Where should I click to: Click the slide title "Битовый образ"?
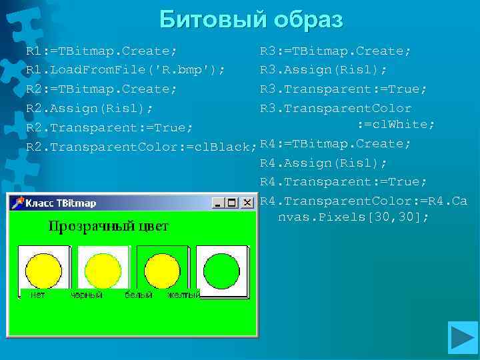(x=251, y=20)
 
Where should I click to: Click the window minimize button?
(x=217, y=203)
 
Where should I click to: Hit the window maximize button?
(x=231, y=203)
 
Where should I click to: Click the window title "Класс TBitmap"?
(x=61, y=203)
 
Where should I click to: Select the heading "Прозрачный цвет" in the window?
(x=109, y=227)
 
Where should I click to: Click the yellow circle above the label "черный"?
(x=103, y=269)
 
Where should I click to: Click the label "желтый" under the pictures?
(x=183, y=295)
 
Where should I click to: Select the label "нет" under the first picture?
(x=38, y=295)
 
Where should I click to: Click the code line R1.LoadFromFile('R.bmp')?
(x=125, y=70)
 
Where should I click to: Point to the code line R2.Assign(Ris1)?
(x=89, y=108)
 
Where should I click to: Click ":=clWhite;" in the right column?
(x=396, y=125)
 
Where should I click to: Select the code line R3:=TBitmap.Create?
(x=335, y=51)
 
